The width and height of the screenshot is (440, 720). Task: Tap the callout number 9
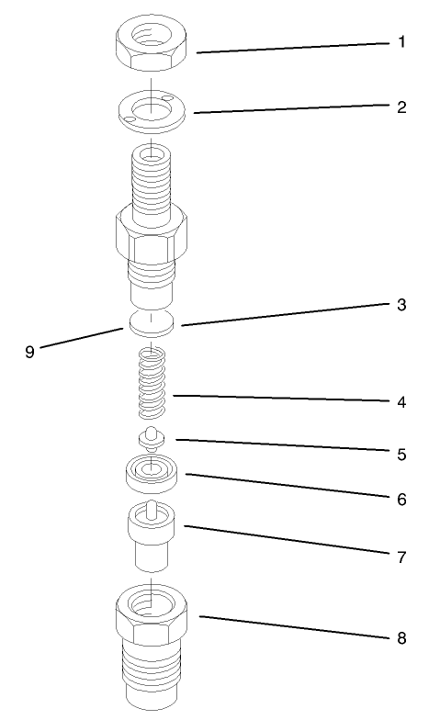click(x=29, y=352)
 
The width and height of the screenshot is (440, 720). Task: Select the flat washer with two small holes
click(x=152, y=111)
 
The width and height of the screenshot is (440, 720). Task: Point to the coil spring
click(x=152, y=379)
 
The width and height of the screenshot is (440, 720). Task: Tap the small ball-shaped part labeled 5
click(x=151, y=439)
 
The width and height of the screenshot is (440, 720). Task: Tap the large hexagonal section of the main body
click(x=152, y=235)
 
